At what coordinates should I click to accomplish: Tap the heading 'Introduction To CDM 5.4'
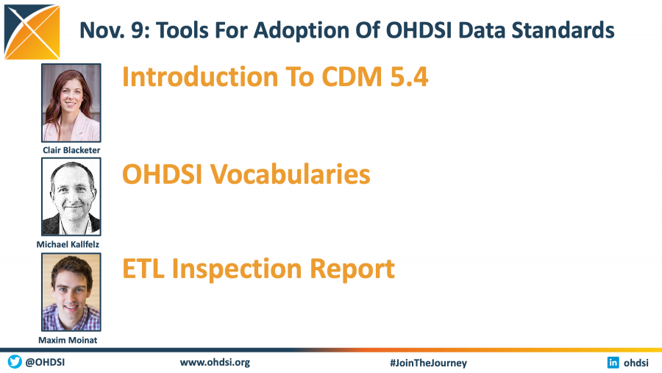point(275,77)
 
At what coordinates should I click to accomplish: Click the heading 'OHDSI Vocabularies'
point(246,174)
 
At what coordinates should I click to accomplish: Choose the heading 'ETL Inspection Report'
point(258,269)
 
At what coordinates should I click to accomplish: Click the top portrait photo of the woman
point(71,103)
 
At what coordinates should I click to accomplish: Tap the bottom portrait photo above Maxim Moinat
point(71,292)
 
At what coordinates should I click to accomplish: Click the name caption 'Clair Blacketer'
point(71,150)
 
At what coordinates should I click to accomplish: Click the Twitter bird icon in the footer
point(15,362)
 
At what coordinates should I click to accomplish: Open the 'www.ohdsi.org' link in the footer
point(215,362)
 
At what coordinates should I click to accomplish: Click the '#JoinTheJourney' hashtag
point(428,363)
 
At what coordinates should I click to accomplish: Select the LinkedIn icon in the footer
point(613,362)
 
